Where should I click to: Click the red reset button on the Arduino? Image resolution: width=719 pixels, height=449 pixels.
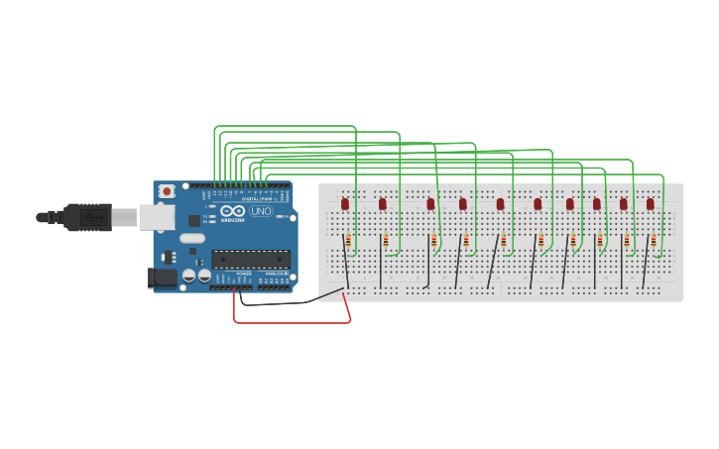[168, 190]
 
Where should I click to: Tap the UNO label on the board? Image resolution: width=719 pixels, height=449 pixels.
[261, 211]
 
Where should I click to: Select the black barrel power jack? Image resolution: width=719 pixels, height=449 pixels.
[161, 279]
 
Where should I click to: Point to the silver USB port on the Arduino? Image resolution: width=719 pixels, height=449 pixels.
[156, 217]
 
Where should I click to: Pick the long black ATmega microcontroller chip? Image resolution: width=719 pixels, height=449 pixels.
[250, 259]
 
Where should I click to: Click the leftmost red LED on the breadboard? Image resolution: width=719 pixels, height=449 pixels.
[345, 203]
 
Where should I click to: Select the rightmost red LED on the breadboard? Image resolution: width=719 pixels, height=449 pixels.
[651, 203]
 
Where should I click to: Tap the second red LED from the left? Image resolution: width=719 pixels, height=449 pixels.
[383, 203]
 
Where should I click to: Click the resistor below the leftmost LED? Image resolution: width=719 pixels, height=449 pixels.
[348, 241]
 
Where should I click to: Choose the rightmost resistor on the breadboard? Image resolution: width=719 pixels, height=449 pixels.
[654, 241]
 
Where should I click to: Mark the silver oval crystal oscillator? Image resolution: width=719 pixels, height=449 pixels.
[192, 238]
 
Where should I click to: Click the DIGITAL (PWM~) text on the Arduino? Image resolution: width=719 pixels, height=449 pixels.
[260, 198]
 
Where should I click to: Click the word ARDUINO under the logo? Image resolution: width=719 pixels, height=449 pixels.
[233, 220]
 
